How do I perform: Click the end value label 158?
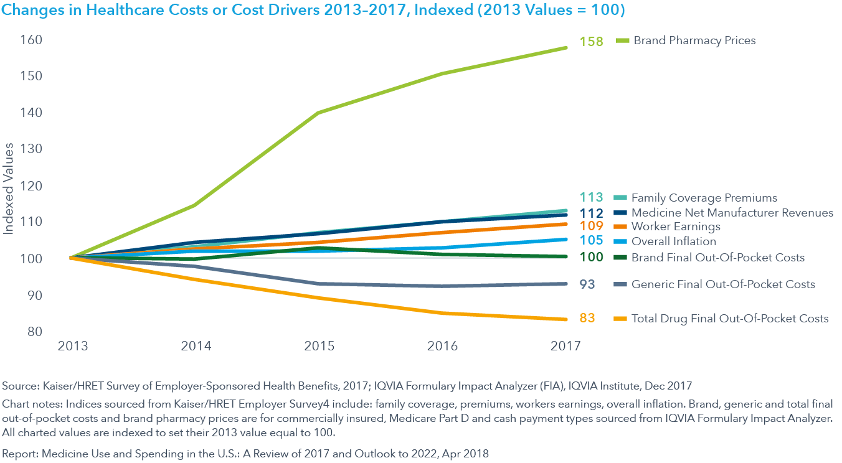[591, 42]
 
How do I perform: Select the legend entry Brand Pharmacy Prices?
[694, 40]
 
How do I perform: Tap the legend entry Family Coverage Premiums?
[704, 198]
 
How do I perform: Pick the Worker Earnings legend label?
[676, 227]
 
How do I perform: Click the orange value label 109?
[591, 227]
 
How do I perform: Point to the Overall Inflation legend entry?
[673, 241]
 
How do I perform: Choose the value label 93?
[587, 284]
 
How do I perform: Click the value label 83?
[587, 318]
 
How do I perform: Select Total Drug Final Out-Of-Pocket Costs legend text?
[730, 319]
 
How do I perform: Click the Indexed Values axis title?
[9, 189]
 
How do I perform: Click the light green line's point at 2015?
[319, 113]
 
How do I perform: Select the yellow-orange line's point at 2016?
[442, 312]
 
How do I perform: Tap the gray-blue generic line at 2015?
[319, 284]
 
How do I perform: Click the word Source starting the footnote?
[18, 386]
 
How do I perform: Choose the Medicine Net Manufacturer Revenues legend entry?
[732, 213]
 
